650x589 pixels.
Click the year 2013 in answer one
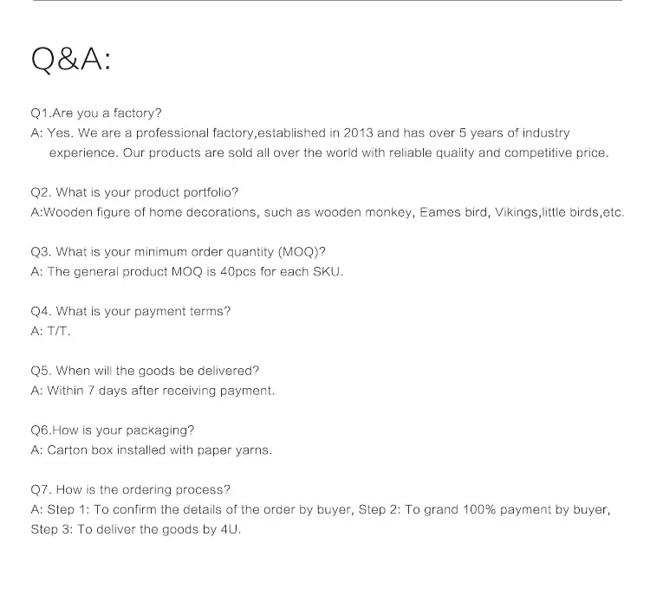click(x=360, y=133)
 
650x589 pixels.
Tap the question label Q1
click(x=41, y=113)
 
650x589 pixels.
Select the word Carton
click(x=68, y=450)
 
